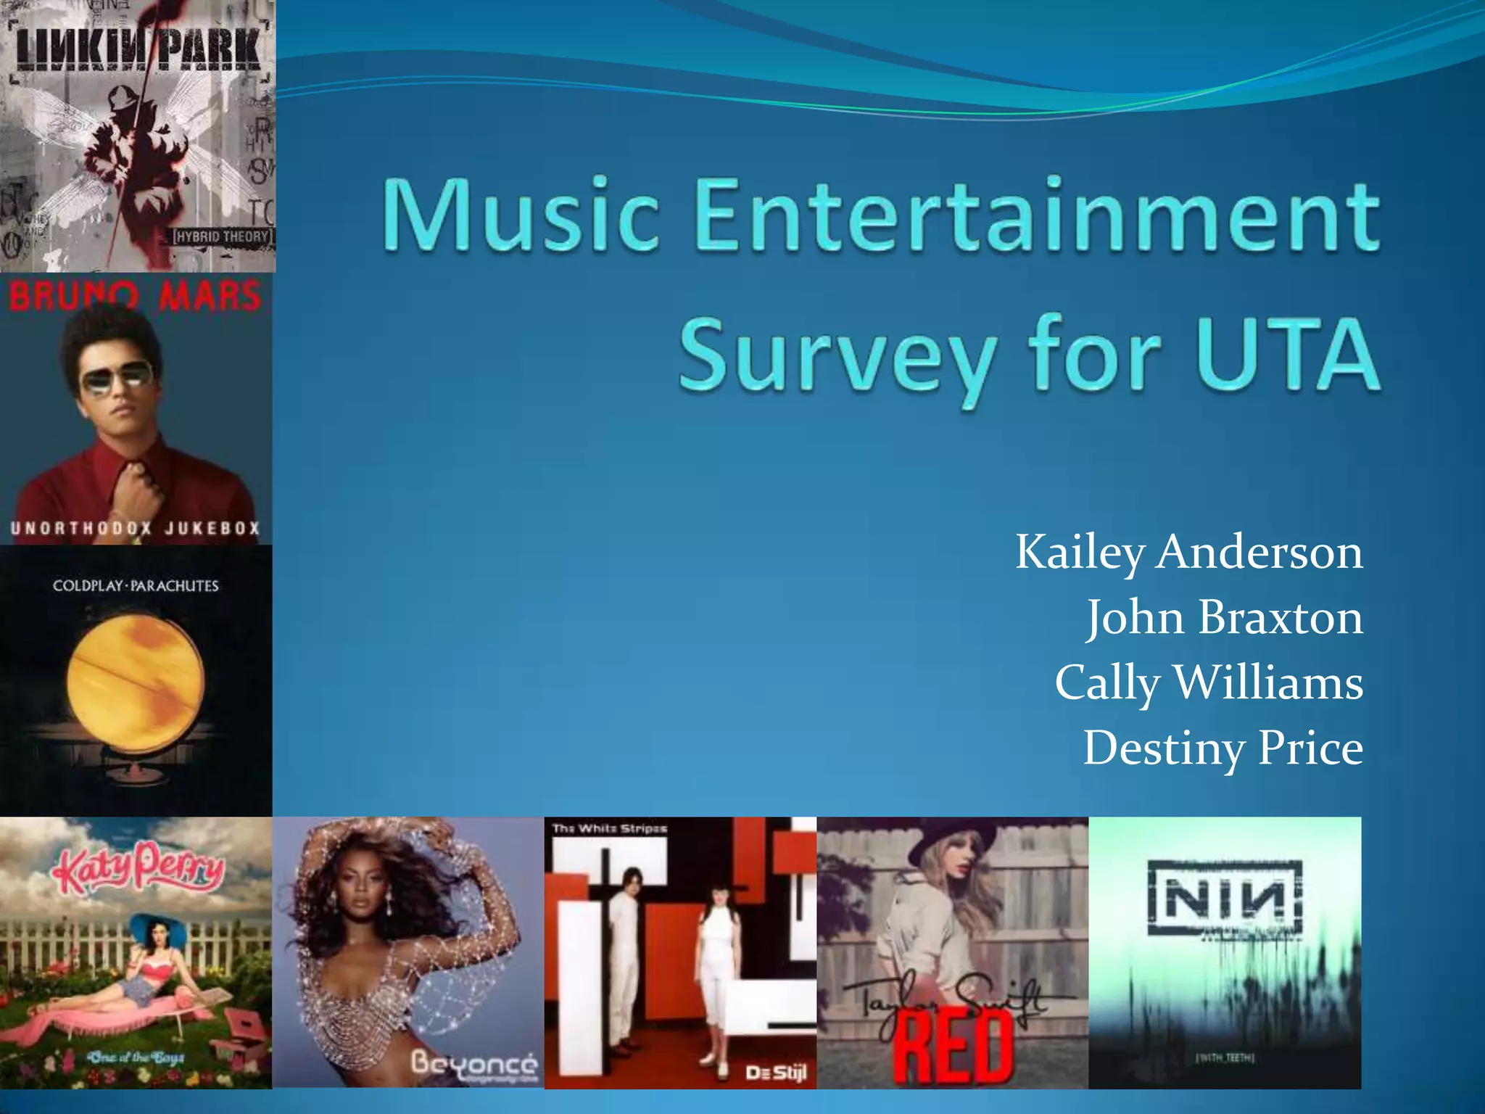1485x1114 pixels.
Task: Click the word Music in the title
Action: pyautogui.click(x=521, y=216)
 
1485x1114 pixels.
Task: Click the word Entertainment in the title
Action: pyautogui.click(x=1037, y=216)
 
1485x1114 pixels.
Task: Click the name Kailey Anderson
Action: pyautogui.click(x=1188, y=553)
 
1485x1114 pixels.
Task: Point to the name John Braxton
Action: pyautogui.click(x=1224, y=619)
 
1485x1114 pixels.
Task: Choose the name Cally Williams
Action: pyautogui.click(x=1209, y=684)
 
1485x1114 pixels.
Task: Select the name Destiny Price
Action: pyautogui.click(x=1223, y=749)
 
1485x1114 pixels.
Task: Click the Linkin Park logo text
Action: pyautogui.click(x=137, y=50)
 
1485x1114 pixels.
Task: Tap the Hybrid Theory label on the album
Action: pyautogui.click(x=222, y=236)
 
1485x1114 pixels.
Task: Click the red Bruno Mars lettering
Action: pyautogui.click(x=135, y=297)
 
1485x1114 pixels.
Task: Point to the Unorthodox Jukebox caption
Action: pyautogui.click(x=135, y=528)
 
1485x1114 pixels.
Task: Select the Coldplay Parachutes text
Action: pyautogui.click(x=136, y=586)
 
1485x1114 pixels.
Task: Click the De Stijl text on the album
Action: pyautogui.click(x=776, y=1071)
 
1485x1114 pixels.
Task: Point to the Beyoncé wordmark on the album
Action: pyautogui.click(x=474, y=1064)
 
